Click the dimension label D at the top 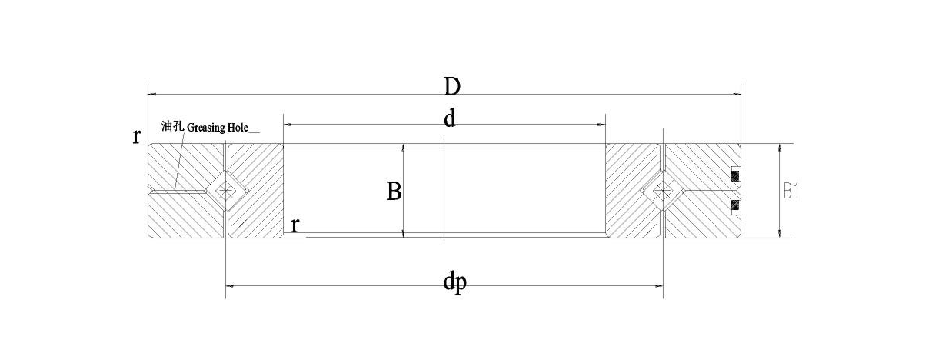(452, 86)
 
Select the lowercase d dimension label (450, 119)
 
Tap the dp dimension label (454, 282)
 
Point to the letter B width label (394, 192)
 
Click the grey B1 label (791, 192)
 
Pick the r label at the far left (136, 135)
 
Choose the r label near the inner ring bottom (295, 225)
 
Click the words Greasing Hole (217, 128)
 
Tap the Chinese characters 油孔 (172, 125)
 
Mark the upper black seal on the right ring (736, 176)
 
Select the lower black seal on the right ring (736, 205)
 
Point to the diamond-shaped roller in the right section (662, 191)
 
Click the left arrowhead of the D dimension (151, 95)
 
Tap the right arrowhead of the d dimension (601, 124)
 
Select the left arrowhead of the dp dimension (229, 286)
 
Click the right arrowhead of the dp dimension (659, 286)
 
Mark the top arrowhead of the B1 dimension (779, 148)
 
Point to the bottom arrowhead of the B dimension (403, 234)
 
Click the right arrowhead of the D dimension (737, 95)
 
